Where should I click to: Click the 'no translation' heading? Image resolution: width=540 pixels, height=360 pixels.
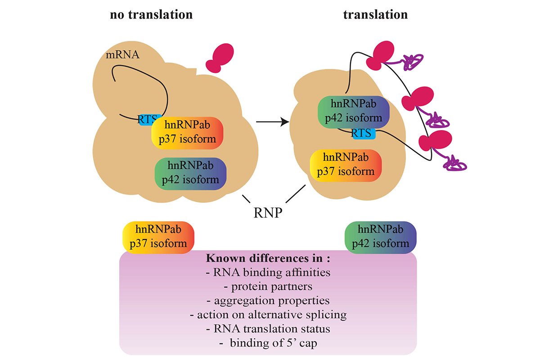[151, 14]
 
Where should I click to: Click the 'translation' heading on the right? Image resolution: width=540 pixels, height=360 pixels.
[376, 14]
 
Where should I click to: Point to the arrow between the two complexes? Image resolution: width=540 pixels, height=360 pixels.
[272, 122]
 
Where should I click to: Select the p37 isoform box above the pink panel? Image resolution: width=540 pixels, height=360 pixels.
[158, 237]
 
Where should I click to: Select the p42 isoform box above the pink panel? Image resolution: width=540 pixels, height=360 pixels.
[381, 237]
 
